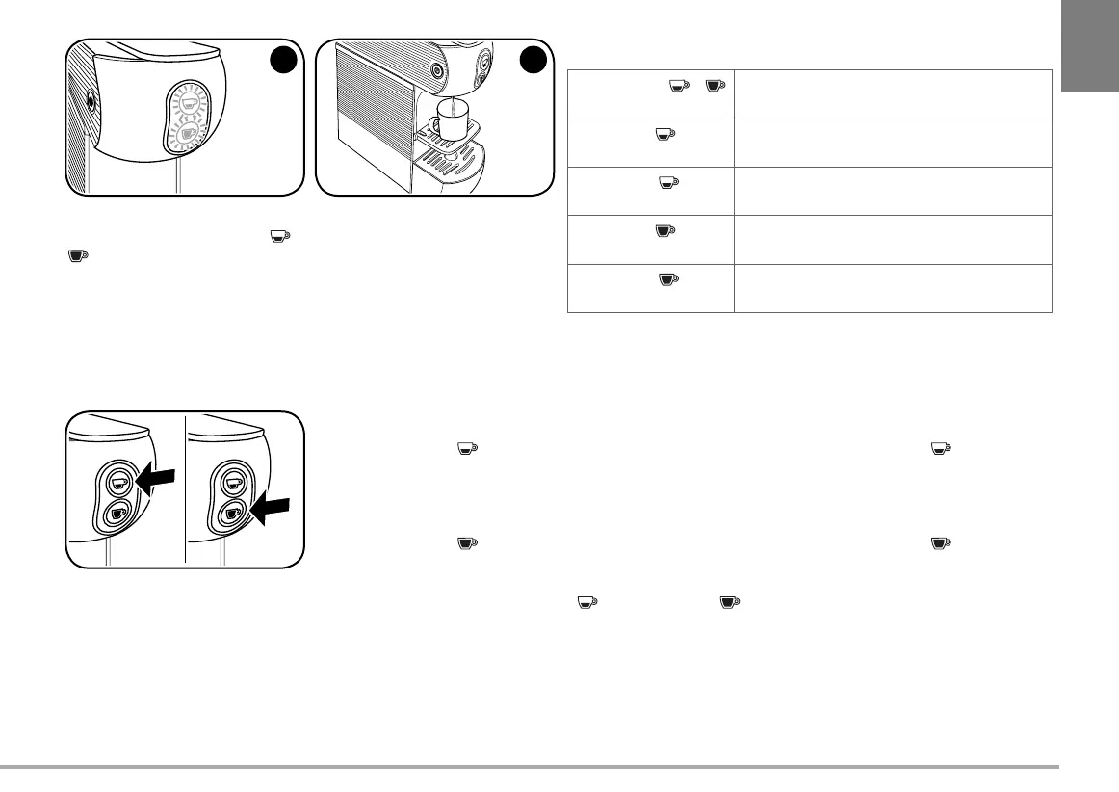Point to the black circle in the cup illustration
pos(533,60)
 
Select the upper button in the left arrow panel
pos(118,482)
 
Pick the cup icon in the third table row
pos(665,182)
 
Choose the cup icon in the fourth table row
pos(664,230)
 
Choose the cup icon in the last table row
pos(667,279)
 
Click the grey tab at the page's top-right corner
pos(1090,46)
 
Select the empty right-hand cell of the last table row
pos(892,288)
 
